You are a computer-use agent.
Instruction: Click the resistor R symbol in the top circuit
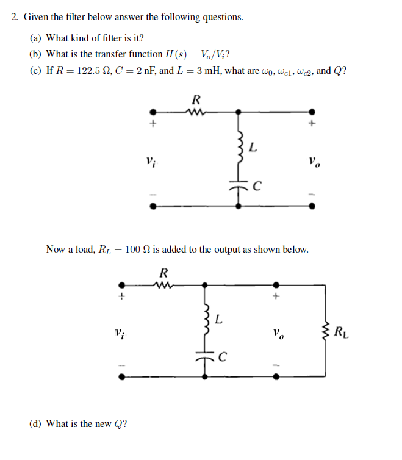[196, 111]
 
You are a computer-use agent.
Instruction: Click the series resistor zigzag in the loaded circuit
[163, 284]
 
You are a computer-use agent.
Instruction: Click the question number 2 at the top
[15, 17]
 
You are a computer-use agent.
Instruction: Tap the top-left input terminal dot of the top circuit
[153, 112]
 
